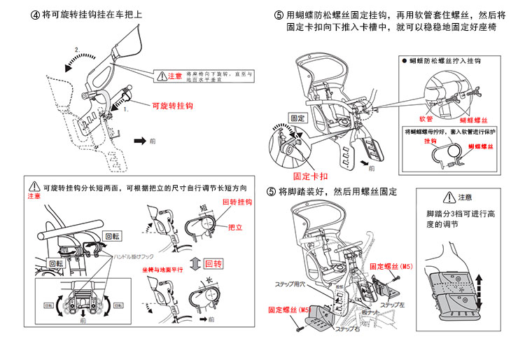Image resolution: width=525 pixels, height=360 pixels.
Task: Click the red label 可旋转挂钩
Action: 172,106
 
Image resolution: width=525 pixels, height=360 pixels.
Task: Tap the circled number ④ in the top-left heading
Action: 36,14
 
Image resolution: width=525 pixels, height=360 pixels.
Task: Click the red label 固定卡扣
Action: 307,176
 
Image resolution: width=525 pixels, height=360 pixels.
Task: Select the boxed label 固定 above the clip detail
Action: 297,118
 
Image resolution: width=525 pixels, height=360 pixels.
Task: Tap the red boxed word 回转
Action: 213,263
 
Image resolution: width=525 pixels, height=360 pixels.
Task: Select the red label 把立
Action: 234,228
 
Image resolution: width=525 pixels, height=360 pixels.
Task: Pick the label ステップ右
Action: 347,328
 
